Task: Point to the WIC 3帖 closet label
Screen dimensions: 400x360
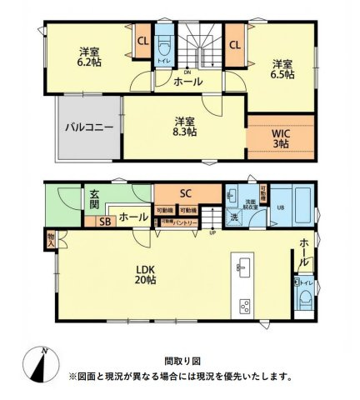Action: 280,137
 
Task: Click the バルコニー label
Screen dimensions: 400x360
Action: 88,128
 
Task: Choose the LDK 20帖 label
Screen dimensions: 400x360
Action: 147,274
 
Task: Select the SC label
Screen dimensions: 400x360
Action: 186,193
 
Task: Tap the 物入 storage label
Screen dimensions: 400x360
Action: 51,239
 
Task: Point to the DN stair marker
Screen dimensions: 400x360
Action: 187,72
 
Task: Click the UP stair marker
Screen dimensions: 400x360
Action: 212,232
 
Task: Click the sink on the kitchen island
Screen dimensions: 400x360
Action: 244,267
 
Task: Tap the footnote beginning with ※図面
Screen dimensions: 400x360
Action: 181,377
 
